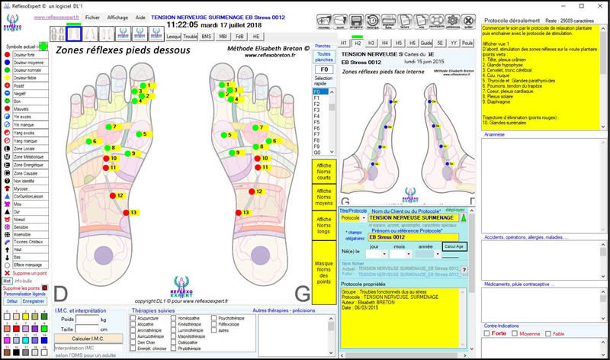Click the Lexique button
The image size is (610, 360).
point(173,36)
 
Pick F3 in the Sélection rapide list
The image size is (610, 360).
point(316,111)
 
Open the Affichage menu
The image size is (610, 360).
point(117,16)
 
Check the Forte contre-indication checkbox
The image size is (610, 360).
point(487,333)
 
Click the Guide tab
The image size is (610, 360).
point(426,43)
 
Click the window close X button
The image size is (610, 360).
point(600,5)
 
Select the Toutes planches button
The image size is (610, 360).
point(323,56)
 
